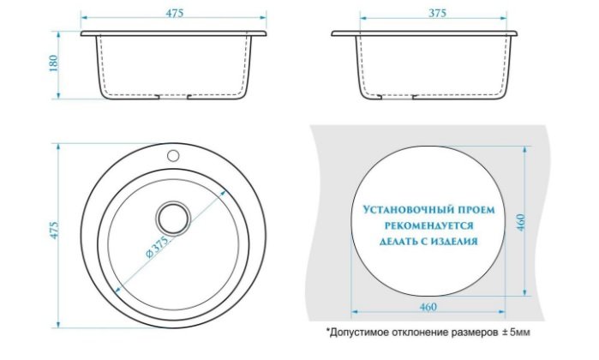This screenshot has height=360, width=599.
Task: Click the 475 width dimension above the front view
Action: pyautogui.click(x=175, y=13)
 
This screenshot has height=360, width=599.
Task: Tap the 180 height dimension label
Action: pyautogui.click(x=53, y=63)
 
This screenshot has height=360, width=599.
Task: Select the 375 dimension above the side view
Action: pyautogui.click(x=437, y=13)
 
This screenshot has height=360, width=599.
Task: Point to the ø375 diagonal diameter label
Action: pyautogui.click(x=157, y=247)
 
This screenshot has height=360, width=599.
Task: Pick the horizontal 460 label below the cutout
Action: pyautogui.click(x=428, y=307)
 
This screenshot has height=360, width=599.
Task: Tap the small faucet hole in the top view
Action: pyautogui.click(x=173, y=155)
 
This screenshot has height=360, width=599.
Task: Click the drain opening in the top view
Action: pyautogui.click(x=173, y=218)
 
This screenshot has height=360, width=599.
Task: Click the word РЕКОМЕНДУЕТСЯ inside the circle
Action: pyautogui.click(x=428, y=225)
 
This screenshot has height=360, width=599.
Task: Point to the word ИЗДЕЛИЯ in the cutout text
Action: pyautogui.click(x=454, y=242)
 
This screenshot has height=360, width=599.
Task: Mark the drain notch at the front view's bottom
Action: pyautogui.click(x=173, y=97)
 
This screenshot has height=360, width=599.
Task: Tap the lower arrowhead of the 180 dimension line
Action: pyautogui.click(x=58, y=95)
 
